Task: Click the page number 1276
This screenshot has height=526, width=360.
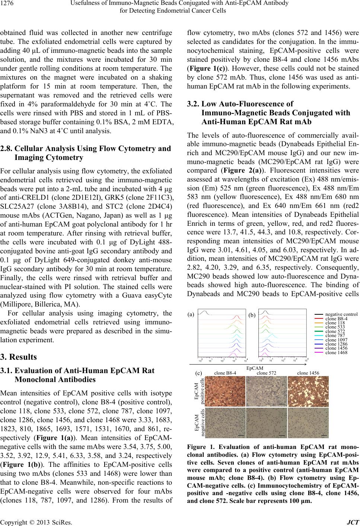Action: (8, 4)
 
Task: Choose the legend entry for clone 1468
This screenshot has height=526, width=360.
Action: (336, 352)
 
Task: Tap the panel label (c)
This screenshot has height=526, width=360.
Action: (199, 372)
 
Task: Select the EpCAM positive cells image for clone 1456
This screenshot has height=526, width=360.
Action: (308, 391)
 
